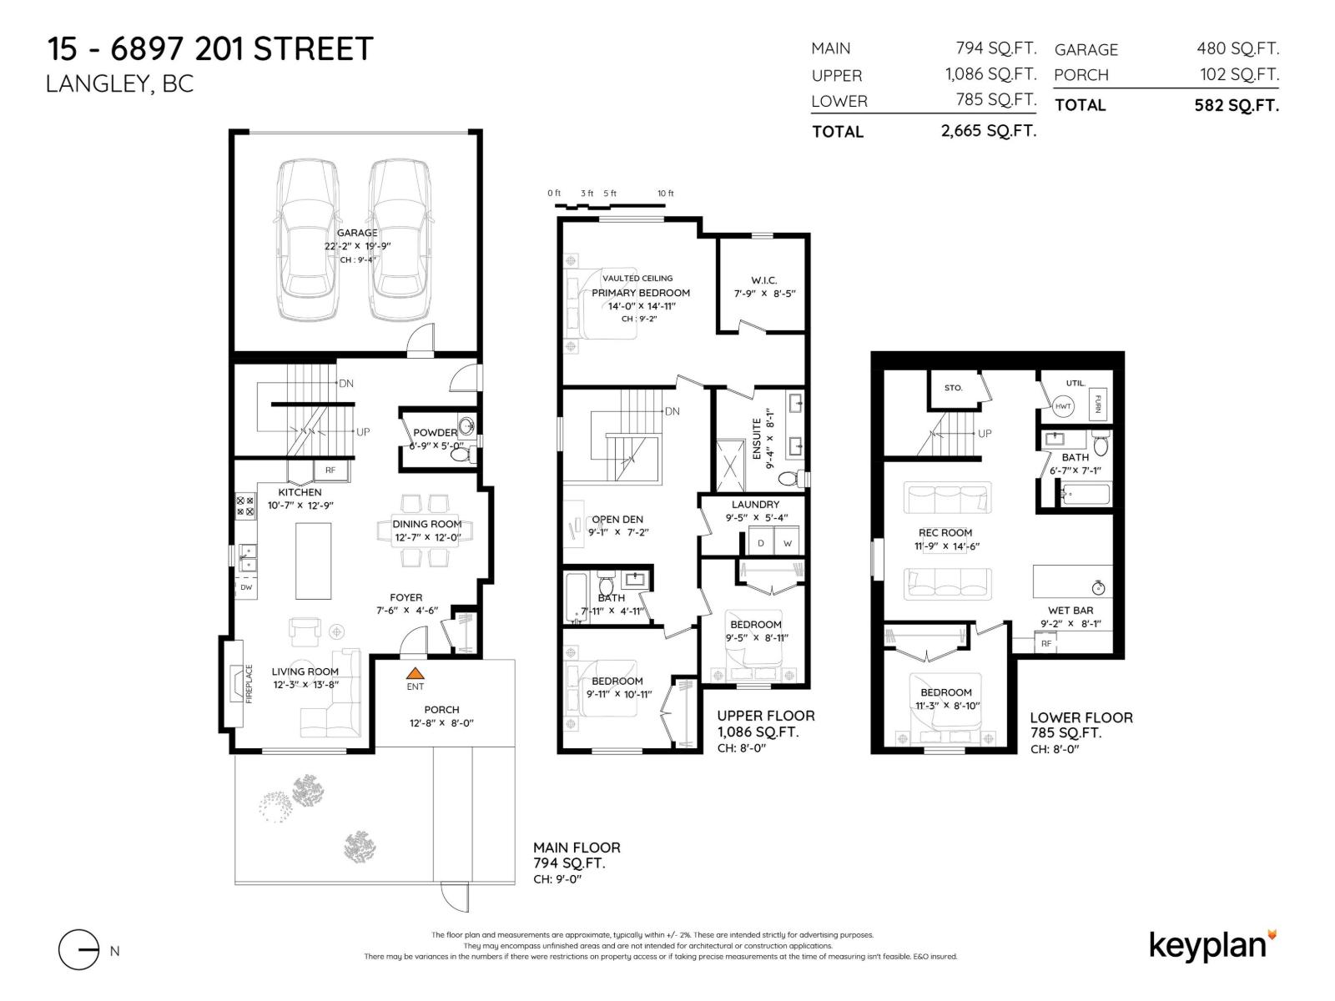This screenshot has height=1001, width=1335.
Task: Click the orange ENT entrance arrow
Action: (416, 673)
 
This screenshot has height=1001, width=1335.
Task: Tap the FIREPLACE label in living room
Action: (249, 684)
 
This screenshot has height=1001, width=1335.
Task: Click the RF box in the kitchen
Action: (330, 470)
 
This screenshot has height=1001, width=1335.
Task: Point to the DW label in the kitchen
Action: (246, 587)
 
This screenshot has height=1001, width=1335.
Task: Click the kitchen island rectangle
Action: (313, 561)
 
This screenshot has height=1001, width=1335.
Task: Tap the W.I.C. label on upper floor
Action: (763, 280)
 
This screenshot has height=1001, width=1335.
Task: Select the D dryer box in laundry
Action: (761, 543)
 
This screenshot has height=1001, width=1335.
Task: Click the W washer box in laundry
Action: (787, 543)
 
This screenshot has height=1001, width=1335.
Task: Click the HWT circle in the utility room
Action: (1063, 406)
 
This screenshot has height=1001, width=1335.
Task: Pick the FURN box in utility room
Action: (1098, 403)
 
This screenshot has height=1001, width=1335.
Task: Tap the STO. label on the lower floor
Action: (953, 388)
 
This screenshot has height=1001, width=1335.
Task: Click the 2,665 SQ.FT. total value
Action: (989, 131)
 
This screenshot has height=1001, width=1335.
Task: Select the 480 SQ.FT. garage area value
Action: (1237, 48)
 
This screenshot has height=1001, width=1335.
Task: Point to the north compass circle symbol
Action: (78, 949)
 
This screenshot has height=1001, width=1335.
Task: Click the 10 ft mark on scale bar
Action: (665, 194)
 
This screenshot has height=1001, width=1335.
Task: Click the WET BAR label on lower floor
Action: (1071, 611)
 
